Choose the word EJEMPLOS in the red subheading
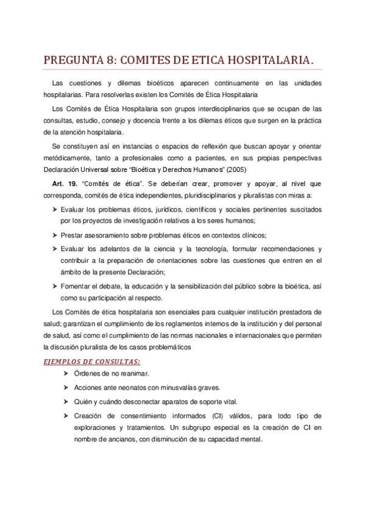pos(64,360)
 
